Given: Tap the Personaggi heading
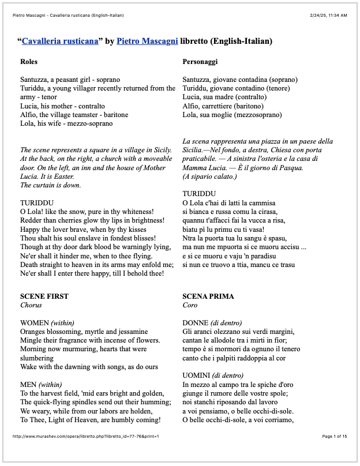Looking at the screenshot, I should click(200, 61).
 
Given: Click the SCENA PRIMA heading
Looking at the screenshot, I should click(208, 296).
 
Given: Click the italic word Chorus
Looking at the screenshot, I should click(31, 305).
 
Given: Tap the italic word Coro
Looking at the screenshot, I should click(190, 305).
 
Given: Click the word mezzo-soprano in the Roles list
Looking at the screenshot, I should click(92, 123).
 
